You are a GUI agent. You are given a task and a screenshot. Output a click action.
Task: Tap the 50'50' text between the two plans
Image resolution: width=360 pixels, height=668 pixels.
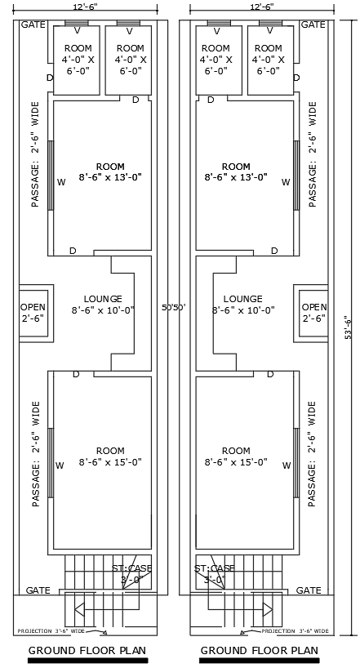point(173,308)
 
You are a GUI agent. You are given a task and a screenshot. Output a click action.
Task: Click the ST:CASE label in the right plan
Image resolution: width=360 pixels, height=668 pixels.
point(215,568)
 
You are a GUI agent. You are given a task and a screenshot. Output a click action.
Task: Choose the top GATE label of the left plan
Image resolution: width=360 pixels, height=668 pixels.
point(32,25)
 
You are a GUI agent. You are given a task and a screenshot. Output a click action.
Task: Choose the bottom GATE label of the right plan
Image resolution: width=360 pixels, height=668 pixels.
point(309,590)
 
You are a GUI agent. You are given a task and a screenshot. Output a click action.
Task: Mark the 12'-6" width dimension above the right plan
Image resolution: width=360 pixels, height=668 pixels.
point(260,7)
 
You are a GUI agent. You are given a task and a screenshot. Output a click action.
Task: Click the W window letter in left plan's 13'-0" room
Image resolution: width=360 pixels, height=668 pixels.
point(60,183)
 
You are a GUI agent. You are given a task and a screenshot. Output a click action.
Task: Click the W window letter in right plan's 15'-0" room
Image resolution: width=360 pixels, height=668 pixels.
point(286,465)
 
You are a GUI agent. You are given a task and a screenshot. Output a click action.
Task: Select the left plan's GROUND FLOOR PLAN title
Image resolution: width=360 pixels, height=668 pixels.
point(87,651)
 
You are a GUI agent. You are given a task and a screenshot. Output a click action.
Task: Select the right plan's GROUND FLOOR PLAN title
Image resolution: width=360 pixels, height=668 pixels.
point(259,651)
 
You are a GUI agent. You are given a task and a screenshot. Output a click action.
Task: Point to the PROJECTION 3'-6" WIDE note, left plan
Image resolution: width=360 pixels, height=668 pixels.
point(51,631)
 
